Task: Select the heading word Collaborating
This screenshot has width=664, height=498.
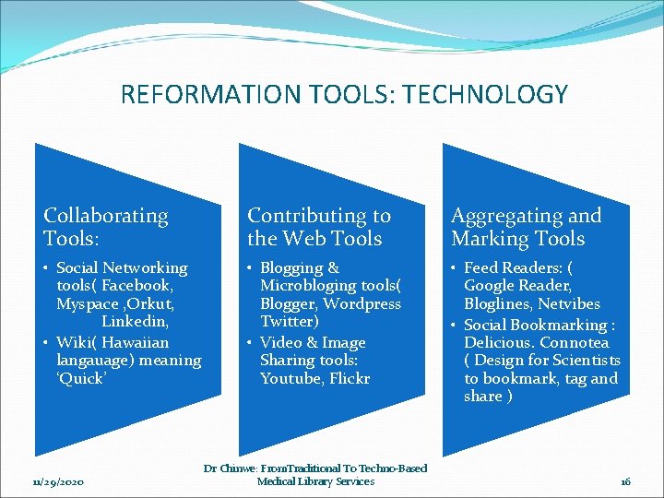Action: tap(106, 216)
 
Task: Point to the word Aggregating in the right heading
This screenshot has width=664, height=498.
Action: tap(506, 216)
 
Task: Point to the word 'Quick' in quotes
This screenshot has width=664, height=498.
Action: tap(81, 379)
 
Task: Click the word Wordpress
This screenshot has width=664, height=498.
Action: tap(362, 304)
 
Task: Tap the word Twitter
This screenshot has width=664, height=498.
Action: tap(289, 322)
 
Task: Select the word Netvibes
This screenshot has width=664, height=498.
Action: tap(569, 304)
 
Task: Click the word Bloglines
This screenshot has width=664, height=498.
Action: tap(498, 304)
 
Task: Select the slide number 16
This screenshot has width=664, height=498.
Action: tap(624, 481)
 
